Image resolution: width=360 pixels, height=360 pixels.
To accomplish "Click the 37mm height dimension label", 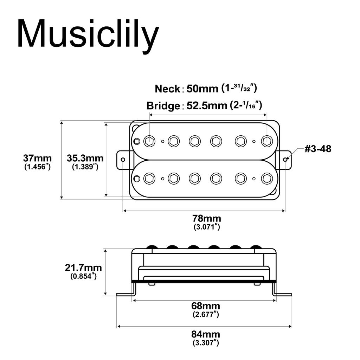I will click(x=37, y=158).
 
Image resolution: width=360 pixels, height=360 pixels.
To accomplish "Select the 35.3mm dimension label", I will click(x=85, y=158).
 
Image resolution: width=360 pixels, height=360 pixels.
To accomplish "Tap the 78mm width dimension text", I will click(x=207, y=219).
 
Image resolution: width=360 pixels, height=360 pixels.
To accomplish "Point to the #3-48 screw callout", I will click(x=317, y=149).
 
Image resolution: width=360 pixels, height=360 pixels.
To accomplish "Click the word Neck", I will click(x=167, y=89).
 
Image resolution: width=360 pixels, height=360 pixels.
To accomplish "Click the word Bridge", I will click(x=163, y=105).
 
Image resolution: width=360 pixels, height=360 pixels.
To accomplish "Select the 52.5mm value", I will click(x=206, y=105).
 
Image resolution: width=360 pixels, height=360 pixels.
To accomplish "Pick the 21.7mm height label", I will click(x=83, y=268).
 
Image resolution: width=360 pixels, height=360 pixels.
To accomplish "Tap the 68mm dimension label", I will click(x=206, y=306).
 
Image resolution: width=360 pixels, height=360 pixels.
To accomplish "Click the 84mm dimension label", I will click(x=206, y=334).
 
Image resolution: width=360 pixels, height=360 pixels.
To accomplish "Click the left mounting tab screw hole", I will click(x=123, y=160).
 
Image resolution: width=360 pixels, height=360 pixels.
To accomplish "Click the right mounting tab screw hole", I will click(x=285, y=160).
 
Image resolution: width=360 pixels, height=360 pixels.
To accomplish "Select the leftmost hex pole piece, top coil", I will click(x=149, y=141).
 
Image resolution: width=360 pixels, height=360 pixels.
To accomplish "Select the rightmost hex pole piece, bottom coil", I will click(x=267, y=178).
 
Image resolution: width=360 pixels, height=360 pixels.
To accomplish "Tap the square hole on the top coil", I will click(x=137, y=141).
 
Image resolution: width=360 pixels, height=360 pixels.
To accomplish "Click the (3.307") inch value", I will click(x=206, y=343).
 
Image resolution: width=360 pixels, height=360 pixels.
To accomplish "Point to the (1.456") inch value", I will click(x=37, y=167).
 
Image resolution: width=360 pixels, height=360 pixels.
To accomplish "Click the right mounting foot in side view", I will click(x=283, y=294).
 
